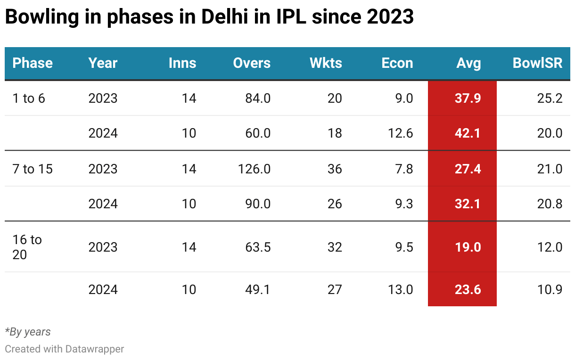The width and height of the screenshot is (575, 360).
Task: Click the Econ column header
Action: coord(397,63)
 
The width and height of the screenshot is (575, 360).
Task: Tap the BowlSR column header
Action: coord(537,63)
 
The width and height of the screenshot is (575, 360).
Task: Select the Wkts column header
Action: coord(326,63)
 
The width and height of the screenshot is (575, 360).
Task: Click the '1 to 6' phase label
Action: coord(29,98)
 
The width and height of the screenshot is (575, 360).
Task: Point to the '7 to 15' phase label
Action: coord(33,169)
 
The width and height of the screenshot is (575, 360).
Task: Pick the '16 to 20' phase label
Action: coord(27,247)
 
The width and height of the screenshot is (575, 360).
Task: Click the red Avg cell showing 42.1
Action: coord(462,133)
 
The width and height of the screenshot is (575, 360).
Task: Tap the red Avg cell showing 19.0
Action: coord(462,247)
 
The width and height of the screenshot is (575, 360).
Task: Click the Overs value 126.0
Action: coord(255,169)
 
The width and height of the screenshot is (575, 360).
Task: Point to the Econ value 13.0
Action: coord(401,289)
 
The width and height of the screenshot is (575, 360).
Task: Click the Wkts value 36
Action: coord(334,169)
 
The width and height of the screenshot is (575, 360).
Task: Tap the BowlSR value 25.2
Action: coord(550,98)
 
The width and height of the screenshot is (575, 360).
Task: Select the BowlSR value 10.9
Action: coord(550,289)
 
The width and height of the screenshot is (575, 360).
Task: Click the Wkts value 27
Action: coord(334,289)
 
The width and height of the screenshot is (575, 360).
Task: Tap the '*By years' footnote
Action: coord(28,332)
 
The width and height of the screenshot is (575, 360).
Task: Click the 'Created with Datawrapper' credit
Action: coord(65,349)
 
